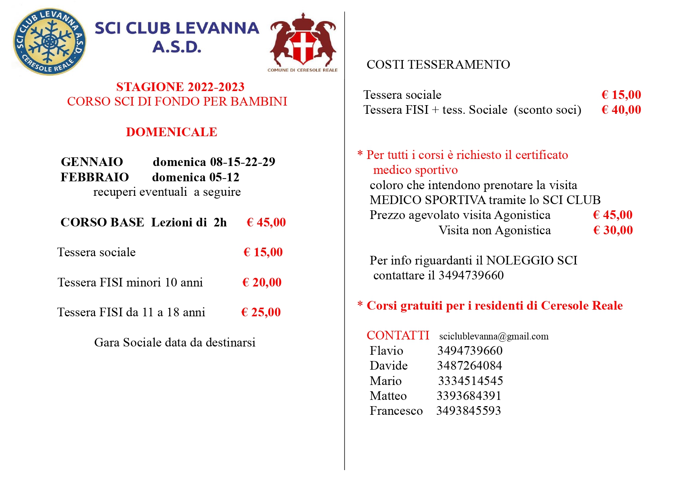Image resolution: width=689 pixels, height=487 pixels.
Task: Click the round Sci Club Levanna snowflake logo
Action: coord(49,42)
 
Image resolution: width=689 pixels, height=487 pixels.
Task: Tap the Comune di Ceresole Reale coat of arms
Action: coord(303,41)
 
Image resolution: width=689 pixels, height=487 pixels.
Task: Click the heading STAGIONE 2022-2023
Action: coord(180,87)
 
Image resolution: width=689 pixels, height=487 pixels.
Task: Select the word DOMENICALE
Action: coord(171,132)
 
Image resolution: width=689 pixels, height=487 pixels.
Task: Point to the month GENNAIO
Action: coord(92,162)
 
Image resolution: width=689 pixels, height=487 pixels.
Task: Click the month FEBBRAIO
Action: coord(95,177)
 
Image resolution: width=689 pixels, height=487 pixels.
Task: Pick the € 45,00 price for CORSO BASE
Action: coord(266,222)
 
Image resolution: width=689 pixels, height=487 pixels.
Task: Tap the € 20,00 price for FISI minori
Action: coord(262,282)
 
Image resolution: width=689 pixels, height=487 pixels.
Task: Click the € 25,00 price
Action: coord(261,312)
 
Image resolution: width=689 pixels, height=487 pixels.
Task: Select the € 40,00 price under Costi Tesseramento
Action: coord(621,109)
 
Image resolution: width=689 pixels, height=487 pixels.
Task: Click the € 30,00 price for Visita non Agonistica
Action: coord(613,230)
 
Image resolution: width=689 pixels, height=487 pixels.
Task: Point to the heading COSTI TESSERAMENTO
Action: coord(438,64)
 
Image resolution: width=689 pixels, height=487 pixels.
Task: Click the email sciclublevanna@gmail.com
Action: coord(493,336)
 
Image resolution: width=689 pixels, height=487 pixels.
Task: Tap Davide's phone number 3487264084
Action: coord(470,365)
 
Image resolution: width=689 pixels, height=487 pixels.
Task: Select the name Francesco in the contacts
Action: coord(396,410)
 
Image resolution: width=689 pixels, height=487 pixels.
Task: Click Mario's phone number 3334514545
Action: coord(470,381)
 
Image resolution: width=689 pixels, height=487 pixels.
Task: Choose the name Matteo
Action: coord(388,396)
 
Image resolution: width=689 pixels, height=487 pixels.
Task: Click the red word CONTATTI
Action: coord(398,335)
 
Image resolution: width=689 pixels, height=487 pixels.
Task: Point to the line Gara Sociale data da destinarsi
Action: coord(175,342)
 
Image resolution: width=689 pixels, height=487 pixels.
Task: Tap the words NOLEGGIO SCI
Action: coord(532,260)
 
